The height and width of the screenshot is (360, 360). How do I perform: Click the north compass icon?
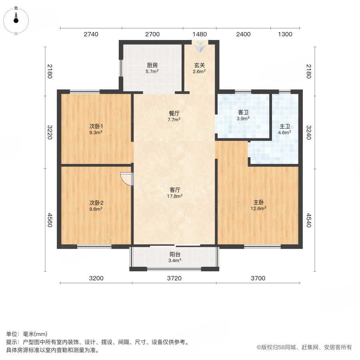(x=16, y=19)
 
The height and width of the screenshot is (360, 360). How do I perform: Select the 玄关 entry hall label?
(x=199, y=65)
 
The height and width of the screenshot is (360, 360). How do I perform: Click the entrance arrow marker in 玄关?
(x=199, y=48)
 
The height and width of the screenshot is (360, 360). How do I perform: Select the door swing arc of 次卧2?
(x=127, y=179)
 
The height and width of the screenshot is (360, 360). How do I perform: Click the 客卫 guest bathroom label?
(x=243, y=112)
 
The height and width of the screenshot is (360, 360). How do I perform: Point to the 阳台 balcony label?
(x=174, y=254)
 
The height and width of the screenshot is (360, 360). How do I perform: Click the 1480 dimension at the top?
(x=199, y=34)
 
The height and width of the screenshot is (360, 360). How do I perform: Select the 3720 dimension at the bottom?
(x=174, y=278)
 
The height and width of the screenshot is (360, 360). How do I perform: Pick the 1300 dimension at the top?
(x=285, y=34)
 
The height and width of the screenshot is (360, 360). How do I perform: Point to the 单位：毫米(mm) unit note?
(x=27, y=334)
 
